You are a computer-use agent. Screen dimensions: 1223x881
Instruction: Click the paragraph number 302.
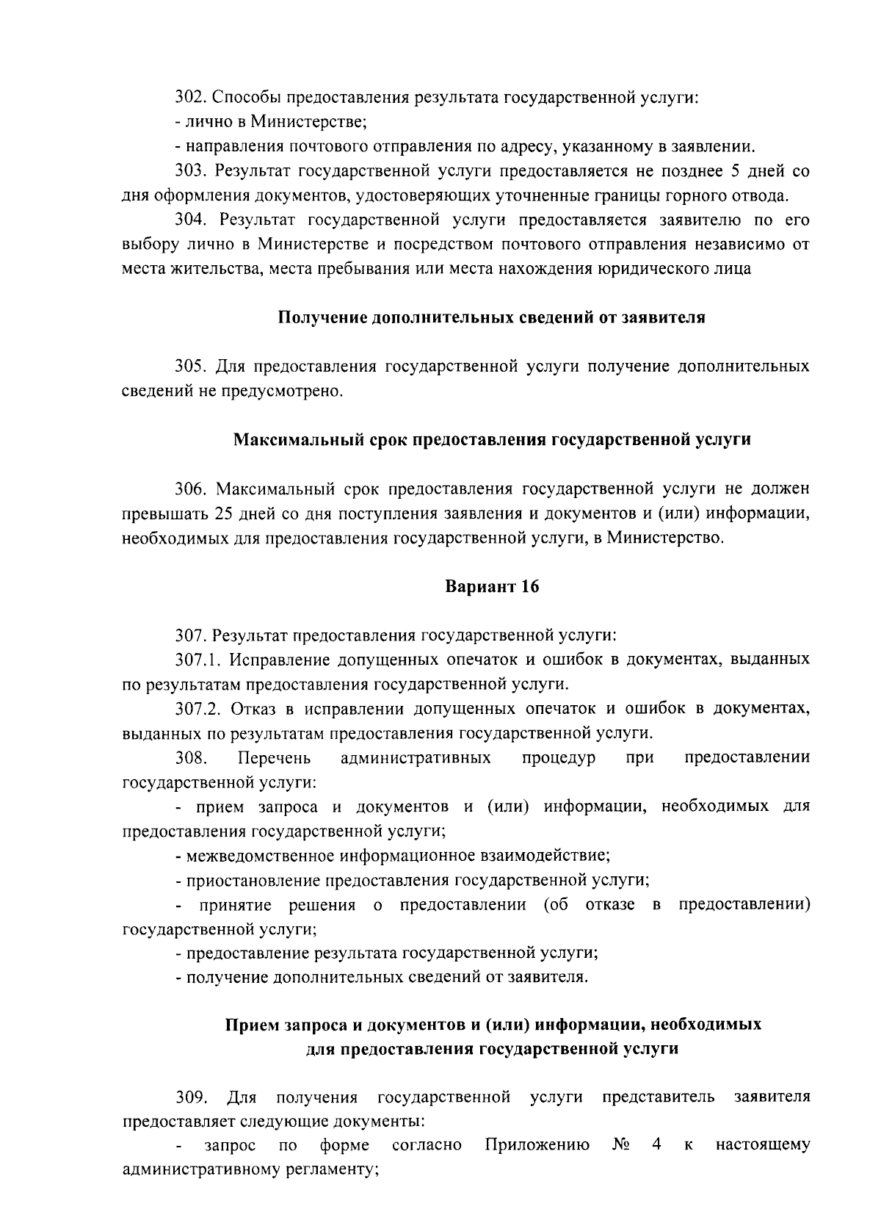coord(189,98)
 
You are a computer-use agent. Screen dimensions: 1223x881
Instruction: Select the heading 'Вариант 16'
coord(492,587)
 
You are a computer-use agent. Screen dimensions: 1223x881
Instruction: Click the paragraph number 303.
coord(189,171)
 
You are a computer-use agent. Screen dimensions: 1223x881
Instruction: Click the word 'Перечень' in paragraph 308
coord(275,757)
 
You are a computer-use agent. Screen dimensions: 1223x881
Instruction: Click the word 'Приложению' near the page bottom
coord(538,1145)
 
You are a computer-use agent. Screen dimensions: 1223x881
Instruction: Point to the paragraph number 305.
coord(189,367)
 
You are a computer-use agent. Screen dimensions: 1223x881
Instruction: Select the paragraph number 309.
coord(189,1097)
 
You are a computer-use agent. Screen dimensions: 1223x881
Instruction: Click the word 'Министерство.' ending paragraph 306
coord(667,538)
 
